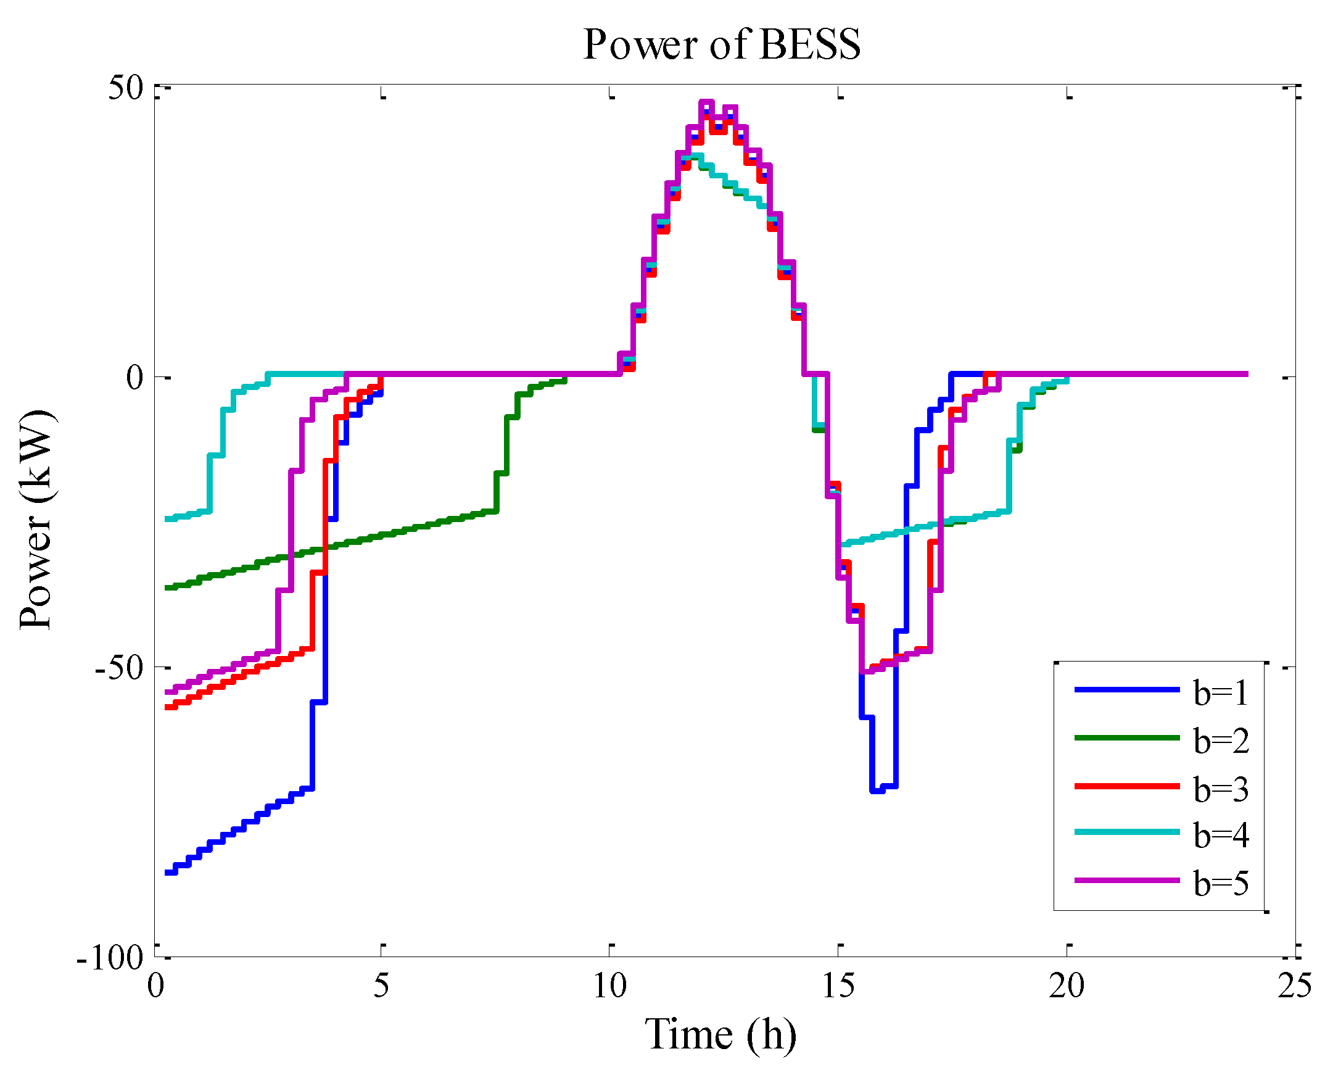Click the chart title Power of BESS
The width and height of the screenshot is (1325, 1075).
722,44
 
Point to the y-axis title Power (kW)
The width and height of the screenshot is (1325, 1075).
36,519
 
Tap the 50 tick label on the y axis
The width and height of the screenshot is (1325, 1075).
126,87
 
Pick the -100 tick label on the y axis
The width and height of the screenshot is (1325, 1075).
110,958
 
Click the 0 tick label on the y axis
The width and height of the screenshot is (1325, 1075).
135,377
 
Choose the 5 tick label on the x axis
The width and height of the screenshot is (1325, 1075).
381,985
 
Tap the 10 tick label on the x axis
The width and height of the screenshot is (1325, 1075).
610,985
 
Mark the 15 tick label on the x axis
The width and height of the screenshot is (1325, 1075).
838,985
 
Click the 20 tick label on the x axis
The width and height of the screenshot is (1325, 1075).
1067,985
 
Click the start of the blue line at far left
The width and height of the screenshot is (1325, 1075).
167,873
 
